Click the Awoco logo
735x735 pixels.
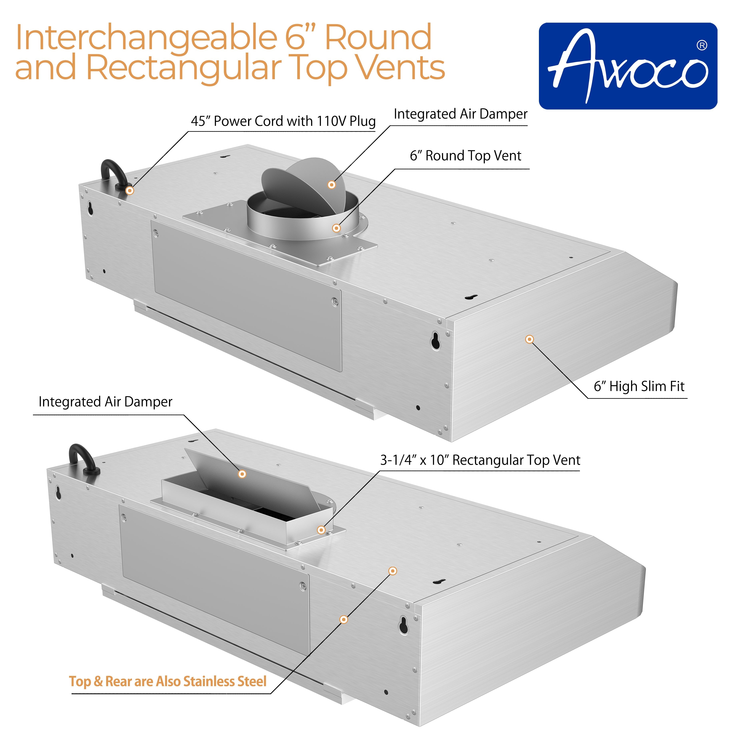628,66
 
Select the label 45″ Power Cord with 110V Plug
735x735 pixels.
283,121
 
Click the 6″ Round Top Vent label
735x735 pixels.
465,156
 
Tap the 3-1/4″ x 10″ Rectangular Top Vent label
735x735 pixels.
480,460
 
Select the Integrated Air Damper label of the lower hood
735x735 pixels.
105,402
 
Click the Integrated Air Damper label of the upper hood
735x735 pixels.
460,114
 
